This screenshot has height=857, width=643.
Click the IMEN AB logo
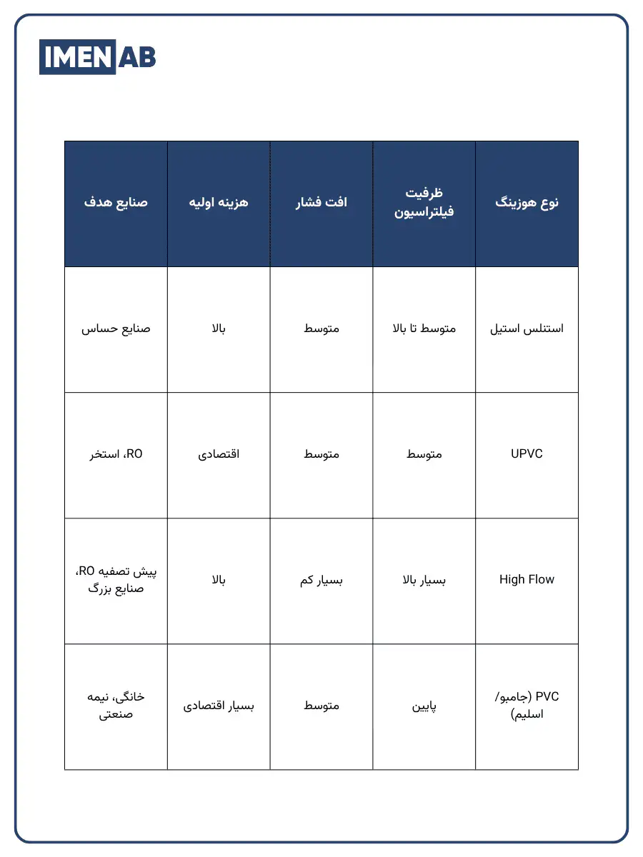pos(97,57)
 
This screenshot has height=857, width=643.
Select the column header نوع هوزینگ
pos(527,203)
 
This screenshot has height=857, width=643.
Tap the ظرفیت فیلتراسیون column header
pos(424,203)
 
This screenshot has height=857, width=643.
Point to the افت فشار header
pos(321,203)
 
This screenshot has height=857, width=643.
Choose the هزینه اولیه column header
pos(219,203)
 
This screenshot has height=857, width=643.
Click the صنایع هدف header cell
pos(116,203)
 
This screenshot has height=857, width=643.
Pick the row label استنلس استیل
pos(527,329)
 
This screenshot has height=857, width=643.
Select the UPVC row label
pos(527,454)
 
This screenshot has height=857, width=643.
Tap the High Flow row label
pos(527,580)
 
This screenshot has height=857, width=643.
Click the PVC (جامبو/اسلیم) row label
pos(527,706)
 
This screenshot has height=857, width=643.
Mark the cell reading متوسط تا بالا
pos(424,329)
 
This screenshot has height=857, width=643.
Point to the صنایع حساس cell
pos(116,329)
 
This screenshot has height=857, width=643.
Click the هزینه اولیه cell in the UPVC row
pos(219,454)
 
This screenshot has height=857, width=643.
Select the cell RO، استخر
pos(116,454)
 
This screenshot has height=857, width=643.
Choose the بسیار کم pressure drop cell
pos(321,580)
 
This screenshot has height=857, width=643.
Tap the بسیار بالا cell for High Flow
pos(424,580)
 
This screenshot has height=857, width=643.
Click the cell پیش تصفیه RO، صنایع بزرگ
pos(116,580)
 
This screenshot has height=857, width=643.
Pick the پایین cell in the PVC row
pos(424,706)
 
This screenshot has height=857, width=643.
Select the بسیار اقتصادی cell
pos(219,706)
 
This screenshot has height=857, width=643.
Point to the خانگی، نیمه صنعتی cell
pos(116,704)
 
